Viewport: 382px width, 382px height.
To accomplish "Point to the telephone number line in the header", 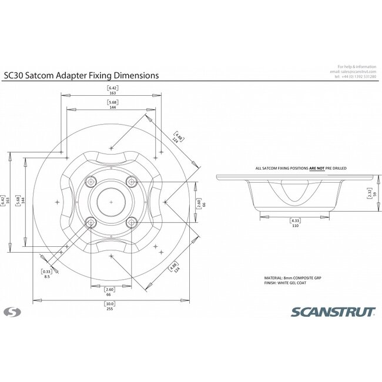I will pos(355,76).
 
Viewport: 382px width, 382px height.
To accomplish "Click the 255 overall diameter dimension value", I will pos(109,309).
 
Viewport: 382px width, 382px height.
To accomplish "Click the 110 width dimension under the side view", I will pos(279,226).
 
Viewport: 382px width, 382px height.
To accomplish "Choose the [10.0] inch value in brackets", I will pos(109,303).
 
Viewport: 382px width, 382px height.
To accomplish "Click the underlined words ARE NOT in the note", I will pos(317,168).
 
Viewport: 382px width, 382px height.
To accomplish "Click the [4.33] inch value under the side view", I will pos(279,220).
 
